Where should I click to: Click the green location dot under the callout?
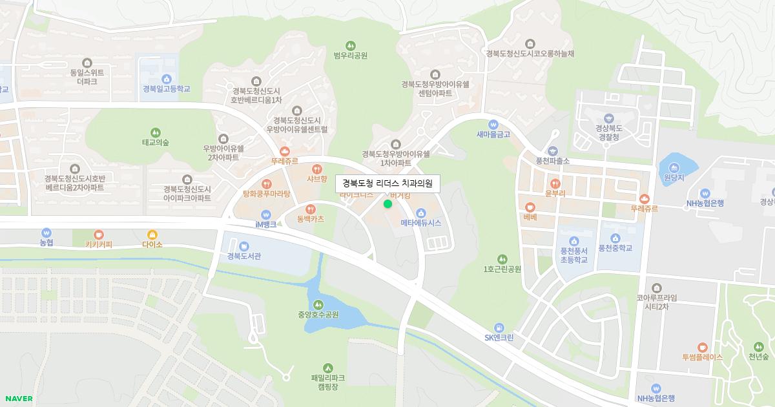[387, 204]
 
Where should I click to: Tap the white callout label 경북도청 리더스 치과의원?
[387, 183]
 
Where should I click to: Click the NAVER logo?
[18, 399]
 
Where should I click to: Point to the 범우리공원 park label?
[351, 56]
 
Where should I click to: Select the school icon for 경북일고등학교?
[167, 78]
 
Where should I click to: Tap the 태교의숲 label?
[155, 142]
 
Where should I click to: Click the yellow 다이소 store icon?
[152, 235]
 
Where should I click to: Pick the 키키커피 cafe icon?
[99, 235]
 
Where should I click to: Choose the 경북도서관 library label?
[244, 256]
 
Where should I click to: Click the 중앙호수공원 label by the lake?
[318, 315]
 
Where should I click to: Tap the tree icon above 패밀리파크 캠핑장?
[328, 367]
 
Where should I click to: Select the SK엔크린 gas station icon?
[499, 328]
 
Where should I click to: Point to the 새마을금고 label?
[493, 134]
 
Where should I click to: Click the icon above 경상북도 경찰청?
[608, 118]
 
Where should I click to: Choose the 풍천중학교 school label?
[615, 248]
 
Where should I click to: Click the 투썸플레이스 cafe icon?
[702, 347]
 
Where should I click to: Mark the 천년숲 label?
[759, 357]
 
